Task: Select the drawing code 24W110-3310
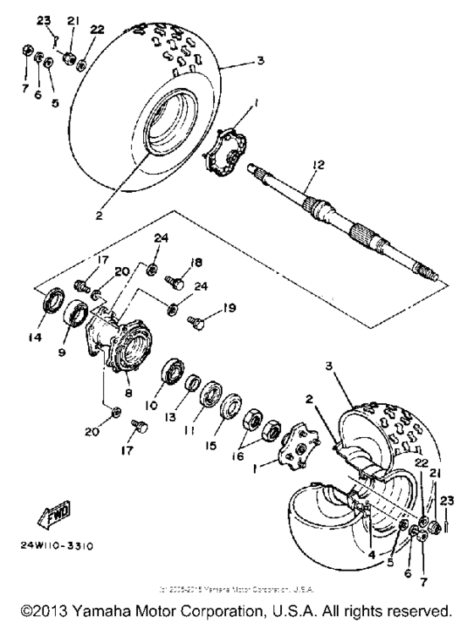pyautogui.click(x=57, y=545)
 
